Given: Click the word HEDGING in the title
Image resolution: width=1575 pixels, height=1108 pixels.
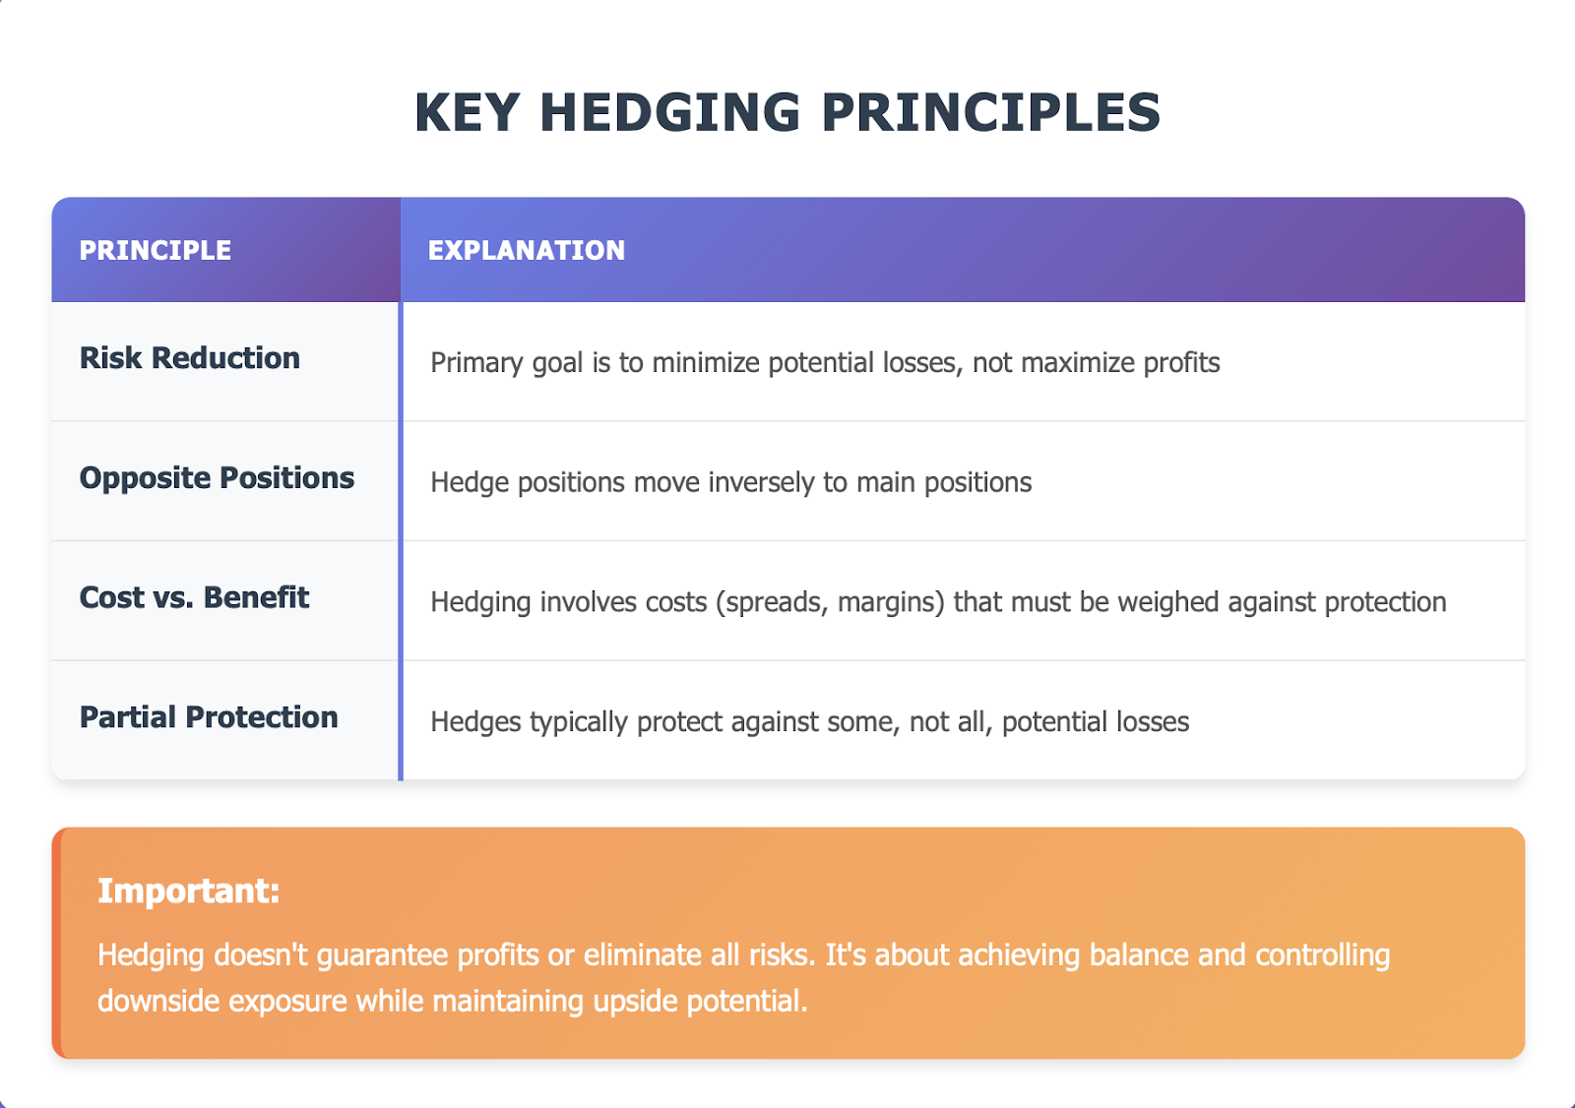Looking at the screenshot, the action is [670, 112].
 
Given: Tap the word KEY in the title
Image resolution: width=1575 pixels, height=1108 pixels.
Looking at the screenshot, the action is [467, 112].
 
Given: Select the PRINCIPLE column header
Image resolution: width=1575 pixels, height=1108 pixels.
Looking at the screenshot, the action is [156, 250].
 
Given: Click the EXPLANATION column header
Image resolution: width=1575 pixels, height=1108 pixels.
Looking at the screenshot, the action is [527, 250].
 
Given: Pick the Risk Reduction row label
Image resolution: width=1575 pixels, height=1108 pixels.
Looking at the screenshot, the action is [190, 358].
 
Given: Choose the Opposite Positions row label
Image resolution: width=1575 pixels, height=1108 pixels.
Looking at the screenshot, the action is [217, 478].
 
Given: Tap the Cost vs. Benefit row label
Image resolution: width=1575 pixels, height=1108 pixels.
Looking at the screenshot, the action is [194, 597].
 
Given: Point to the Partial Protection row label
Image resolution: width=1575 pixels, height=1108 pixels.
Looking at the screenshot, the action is [209, 717].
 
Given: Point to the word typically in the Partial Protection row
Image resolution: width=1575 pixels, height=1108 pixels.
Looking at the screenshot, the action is [579, 722].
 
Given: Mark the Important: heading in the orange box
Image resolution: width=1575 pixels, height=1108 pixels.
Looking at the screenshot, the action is [189, 891].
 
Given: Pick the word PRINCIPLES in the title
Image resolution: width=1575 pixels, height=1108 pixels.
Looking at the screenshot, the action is [990, 112].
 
